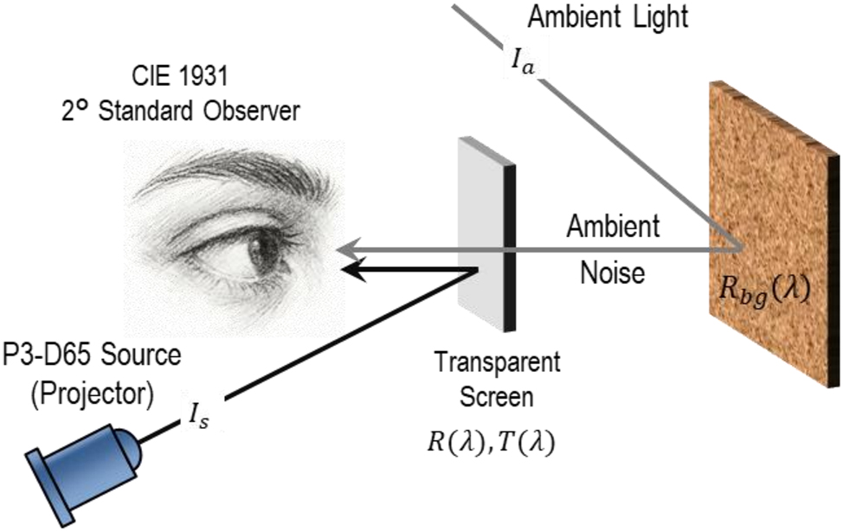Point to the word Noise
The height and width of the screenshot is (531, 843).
613,274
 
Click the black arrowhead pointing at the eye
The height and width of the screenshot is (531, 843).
351,270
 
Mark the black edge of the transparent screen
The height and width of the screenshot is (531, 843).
510,251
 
